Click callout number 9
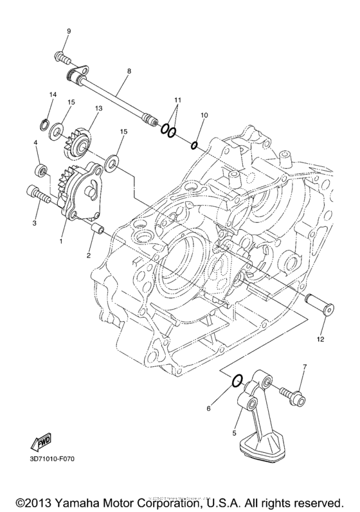coord(69,31)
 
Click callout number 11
coord(177,101)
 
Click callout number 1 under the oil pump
coord(62,242)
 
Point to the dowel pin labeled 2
coord(99,229)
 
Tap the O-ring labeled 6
coord(237,382)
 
